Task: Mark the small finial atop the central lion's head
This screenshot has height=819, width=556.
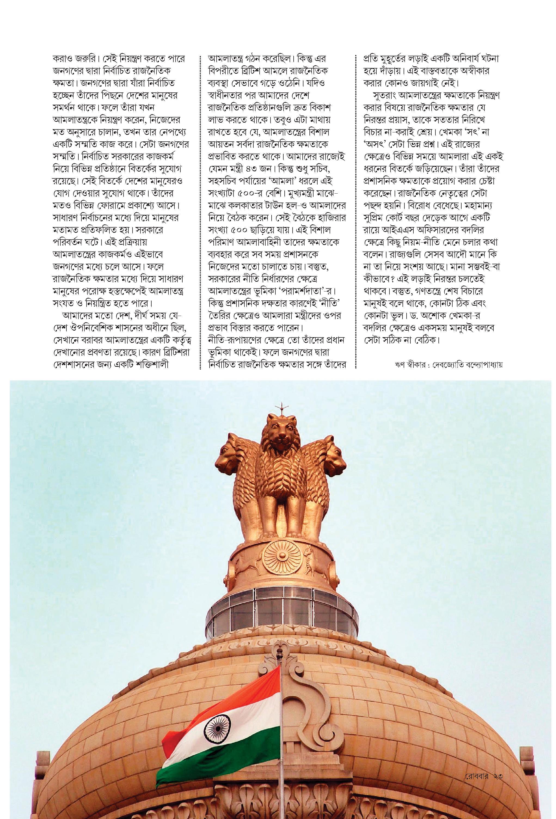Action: [281, 405]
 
